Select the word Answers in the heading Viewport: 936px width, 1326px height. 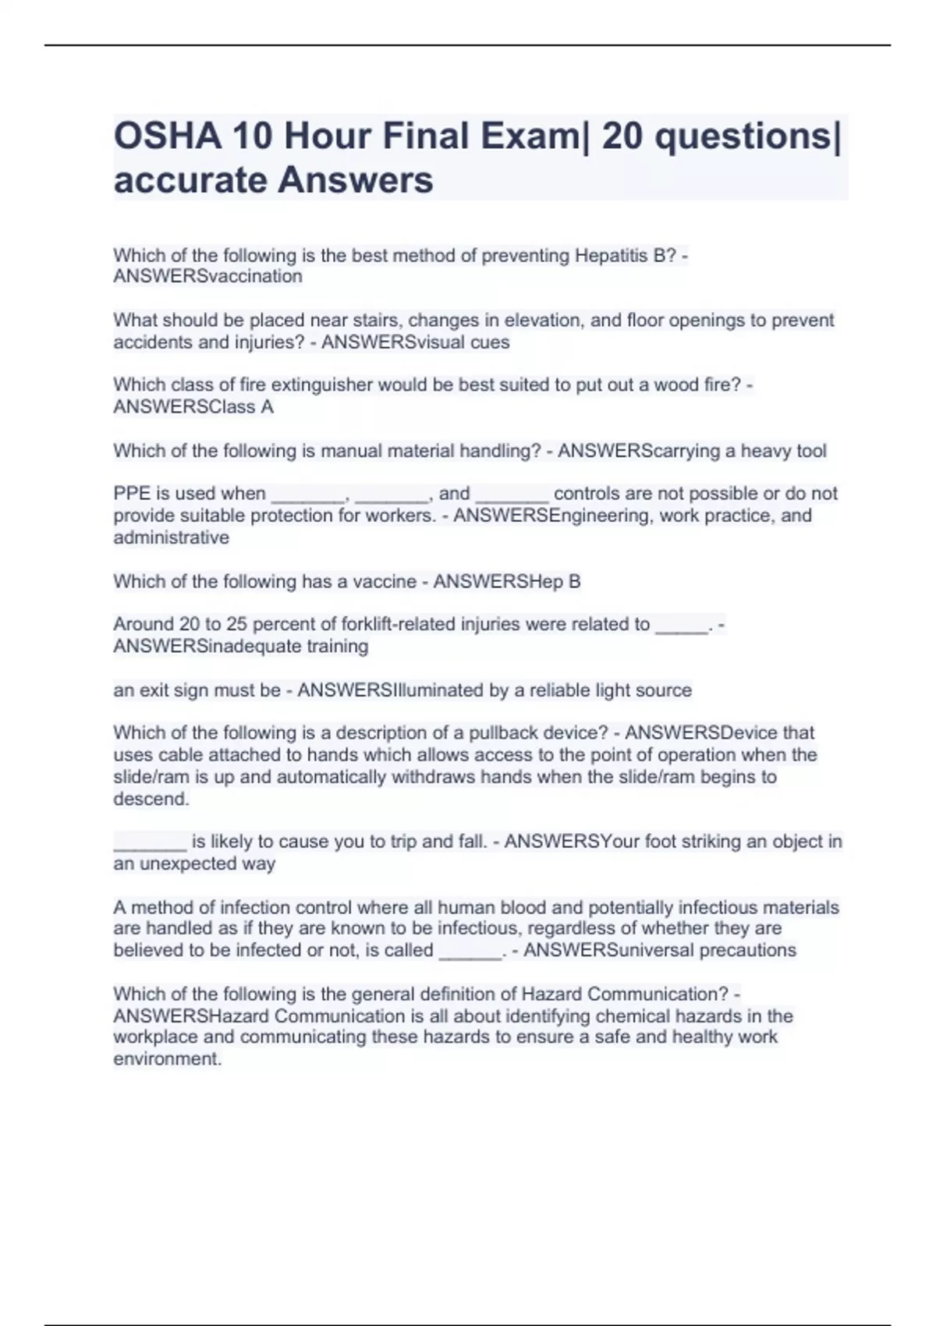(x=355, y=180)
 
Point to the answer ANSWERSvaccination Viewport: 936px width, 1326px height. (x=207, y=276)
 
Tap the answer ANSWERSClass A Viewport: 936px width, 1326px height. (x=193, y=406)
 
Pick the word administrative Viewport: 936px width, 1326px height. (x=172, y=537)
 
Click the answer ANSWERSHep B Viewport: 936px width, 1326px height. (x=507, y=581)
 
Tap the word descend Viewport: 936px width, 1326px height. (x=151, y=799)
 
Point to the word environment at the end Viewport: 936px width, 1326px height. (x=167, y=1058)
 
